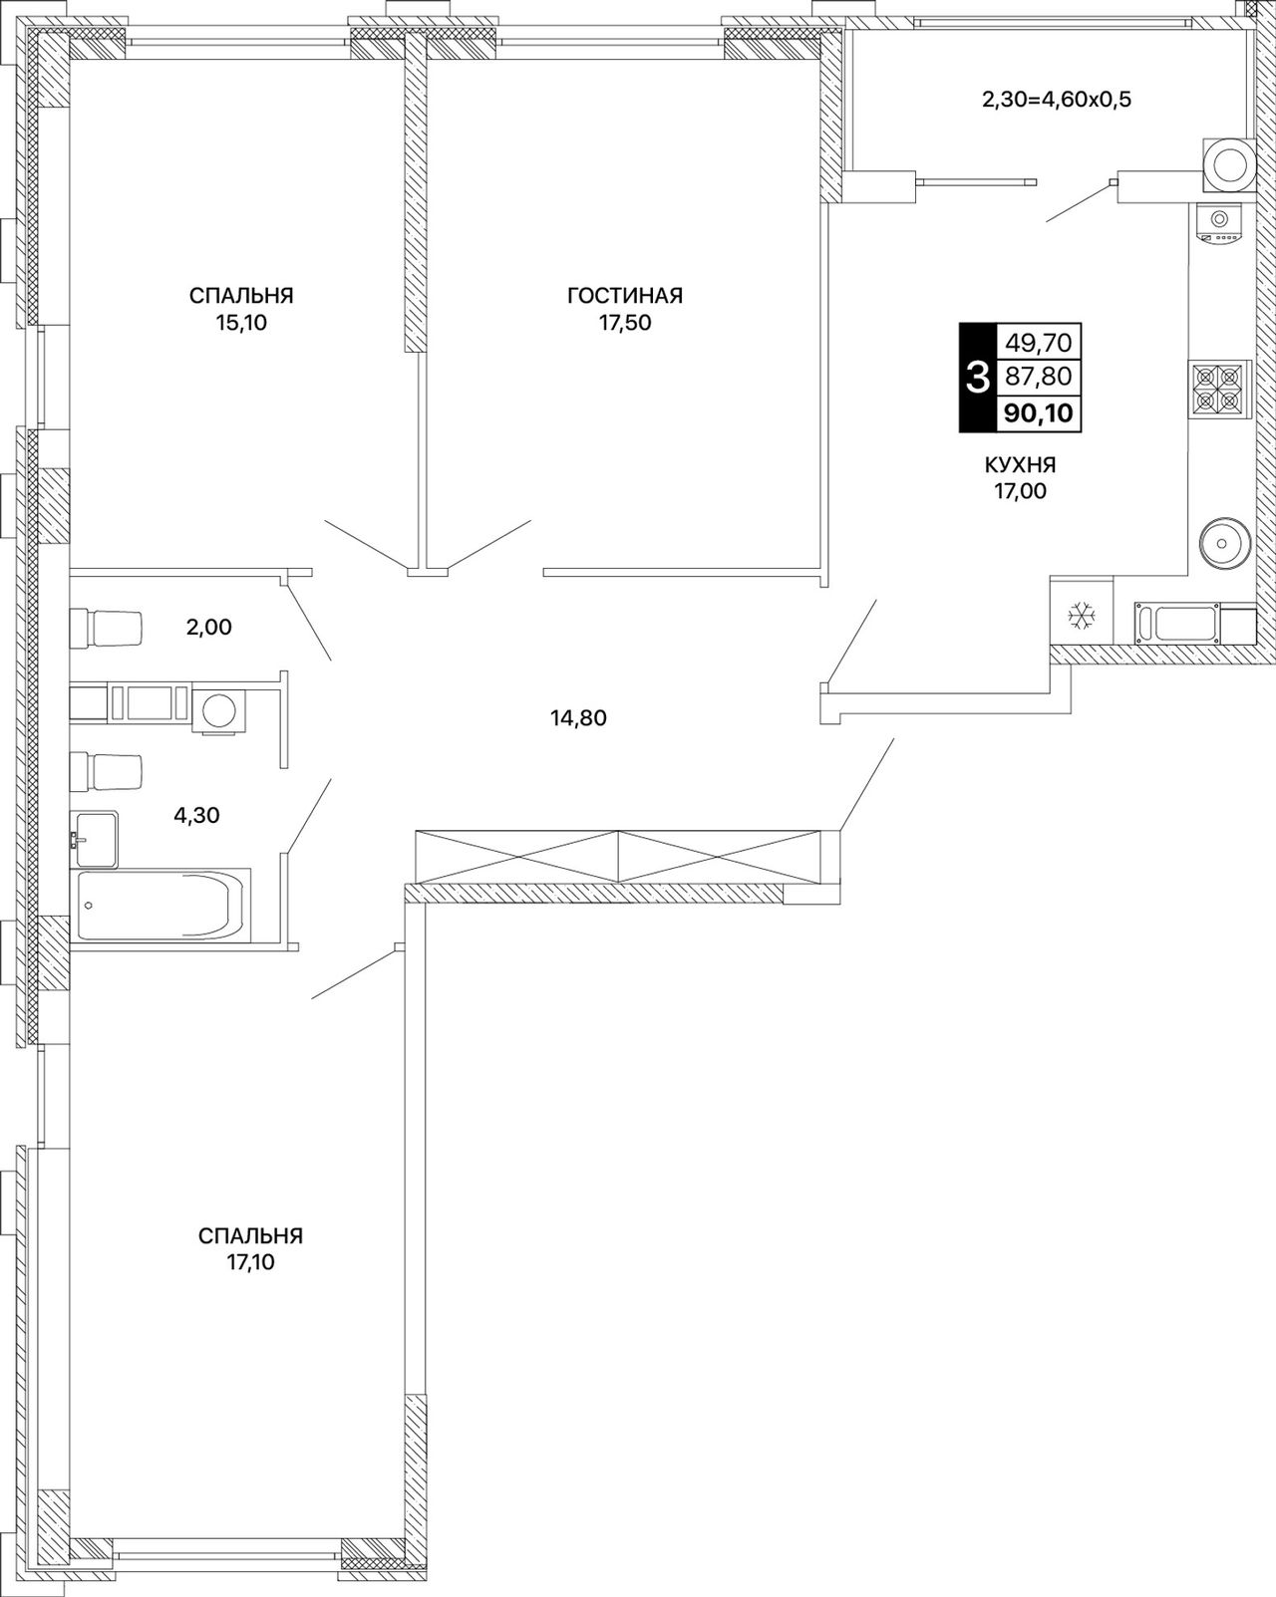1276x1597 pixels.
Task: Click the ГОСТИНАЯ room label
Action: click(625, 295)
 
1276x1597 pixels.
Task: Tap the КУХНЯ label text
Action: click(1021, 464)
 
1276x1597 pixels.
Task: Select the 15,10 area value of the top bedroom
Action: click(241, 323)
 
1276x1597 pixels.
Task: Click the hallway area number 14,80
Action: click(578, 717)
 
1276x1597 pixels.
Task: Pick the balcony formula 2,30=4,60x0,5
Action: click(1057, 100)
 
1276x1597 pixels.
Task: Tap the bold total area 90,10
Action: click(1039, 412)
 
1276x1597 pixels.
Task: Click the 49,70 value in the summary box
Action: click(1039, 342)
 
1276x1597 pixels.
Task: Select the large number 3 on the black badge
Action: click(977, 378)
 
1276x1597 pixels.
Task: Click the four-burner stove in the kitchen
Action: click(1218, 390)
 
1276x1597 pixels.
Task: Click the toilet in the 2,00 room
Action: click(106, 629)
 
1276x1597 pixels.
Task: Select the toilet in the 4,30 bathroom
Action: click(106, 772)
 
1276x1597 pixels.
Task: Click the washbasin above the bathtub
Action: click(95, 839)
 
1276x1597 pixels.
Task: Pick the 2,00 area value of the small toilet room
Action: click(208, 627)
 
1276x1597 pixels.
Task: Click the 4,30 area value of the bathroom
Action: click(196, 815)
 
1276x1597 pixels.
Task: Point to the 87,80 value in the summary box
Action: click(1039, 377)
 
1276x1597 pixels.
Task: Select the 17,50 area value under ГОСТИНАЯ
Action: click(625, 323)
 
